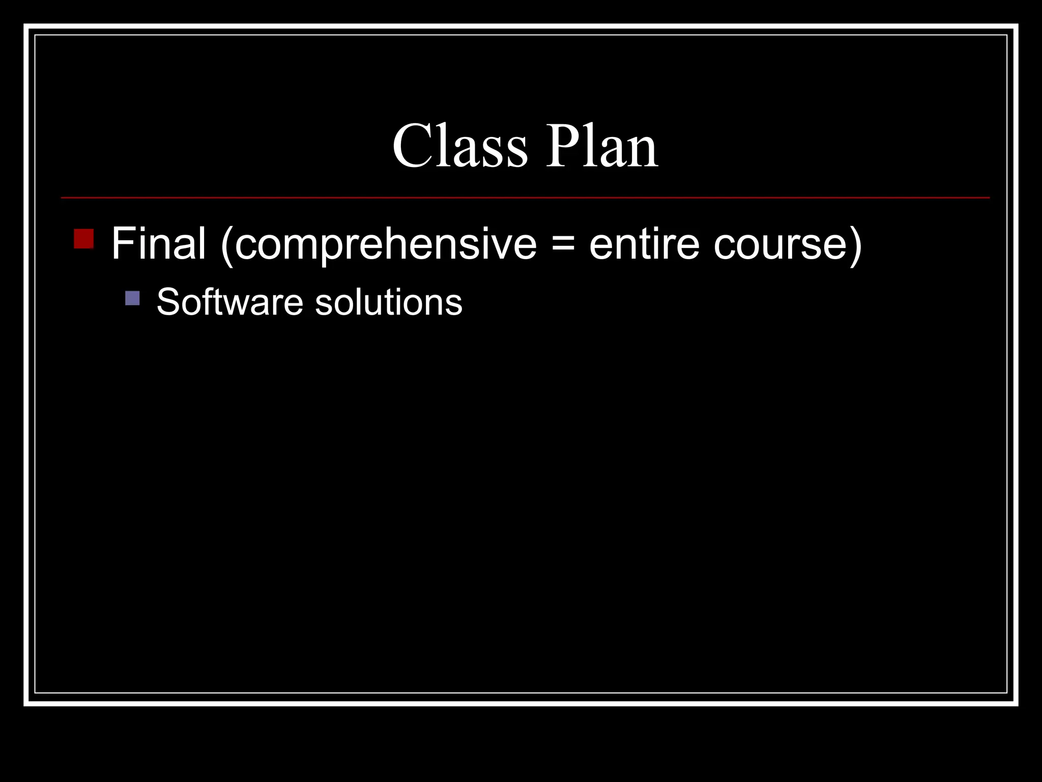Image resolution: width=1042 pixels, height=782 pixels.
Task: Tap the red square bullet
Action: click(x=83, y=238)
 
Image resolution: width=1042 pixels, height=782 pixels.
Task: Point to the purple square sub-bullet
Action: click(x=132, y=298)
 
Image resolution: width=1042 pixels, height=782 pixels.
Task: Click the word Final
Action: click(x=158, y=244)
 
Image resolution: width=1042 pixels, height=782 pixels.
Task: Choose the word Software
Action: click(x=230, y=302)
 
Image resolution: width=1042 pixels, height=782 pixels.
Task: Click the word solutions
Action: click(x=389, y=302)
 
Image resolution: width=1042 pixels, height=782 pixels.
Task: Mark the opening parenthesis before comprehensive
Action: click(x=227, y=245)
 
